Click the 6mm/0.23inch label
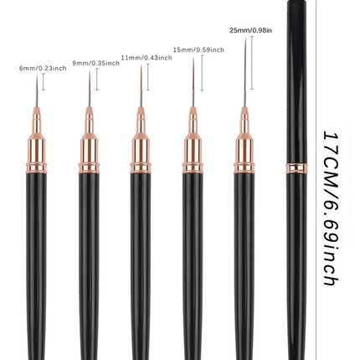click(43, 68)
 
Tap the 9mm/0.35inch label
click(96, 63)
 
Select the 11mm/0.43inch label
click(147, 58)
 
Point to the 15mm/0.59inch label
click(198, 49)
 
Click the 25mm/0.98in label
click(250, 30)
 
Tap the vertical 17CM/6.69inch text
click(331, 208)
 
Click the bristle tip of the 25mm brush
click(245, 38)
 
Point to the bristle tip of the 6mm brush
click(37, 75)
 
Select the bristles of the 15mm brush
click(193, 74)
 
